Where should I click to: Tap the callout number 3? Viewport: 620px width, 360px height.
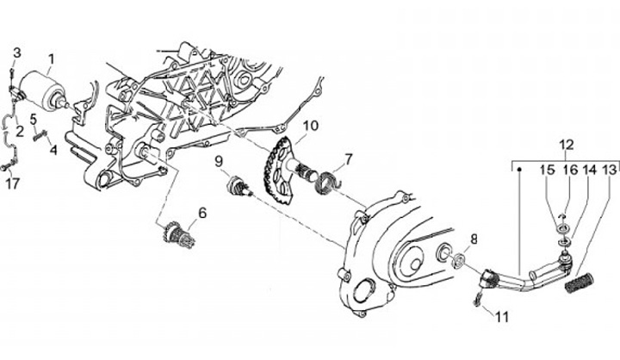click(17, 53)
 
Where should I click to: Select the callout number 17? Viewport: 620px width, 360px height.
click(12, 183)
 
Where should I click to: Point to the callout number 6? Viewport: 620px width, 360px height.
click(202, 213)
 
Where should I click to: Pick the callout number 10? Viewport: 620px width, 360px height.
click(310, 126)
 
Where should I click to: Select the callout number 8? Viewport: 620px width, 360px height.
click(473, 238)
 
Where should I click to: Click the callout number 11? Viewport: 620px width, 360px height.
click(502, 316)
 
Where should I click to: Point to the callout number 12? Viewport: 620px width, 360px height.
click(566, 144)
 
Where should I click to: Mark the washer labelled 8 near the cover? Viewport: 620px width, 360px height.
click(458, 258)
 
